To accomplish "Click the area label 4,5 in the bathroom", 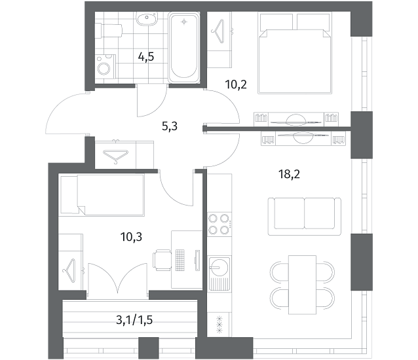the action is [x=146, y=57].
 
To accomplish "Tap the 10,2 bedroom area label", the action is [x=236, y=84].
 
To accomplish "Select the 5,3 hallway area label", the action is [x=170, y=126].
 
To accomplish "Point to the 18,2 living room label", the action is [x=289, y=174].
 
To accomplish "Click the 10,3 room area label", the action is [x=131, y=236].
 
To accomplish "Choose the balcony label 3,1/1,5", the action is [x=134, y=320].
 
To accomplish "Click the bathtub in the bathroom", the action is [x=183, y=48].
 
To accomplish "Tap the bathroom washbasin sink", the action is [x=146, y=18].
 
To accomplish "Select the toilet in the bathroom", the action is [x=109, y=30].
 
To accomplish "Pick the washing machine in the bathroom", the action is [x=105, y=67].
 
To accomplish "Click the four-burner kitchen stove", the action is [x=219, y=224].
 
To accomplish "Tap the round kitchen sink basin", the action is [x=219, y=267].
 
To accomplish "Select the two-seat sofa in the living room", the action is [x=305, y=217].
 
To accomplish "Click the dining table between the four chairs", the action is [x=302, y=285].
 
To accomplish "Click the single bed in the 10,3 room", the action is [x=102, y=195].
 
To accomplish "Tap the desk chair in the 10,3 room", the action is [x=162, y=260].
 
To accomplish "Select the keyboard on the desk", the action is [x=180, y=260].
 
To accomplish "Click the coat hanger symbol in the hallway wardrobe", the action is [x=116, y=156].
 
